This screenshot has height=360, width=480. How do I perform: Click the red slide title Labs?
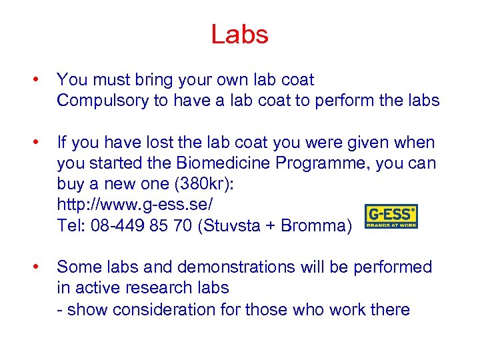(x=239, y=34)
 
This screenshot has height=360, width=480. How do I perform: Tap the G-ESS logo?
(x=391, y=217)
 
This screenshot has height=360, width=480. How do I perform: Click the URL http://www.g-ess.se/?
(x=135, y=205)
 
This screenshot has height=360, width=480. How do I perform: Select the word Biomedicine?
(x=221, y=163)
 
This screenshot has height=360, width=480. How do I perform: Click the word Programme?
(x=323, y=163)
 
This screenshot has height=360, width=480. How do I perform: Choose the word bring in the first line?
(x=157, y=80)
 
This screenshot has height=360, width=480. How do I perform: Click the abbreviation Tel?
(x=71, y=225)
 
